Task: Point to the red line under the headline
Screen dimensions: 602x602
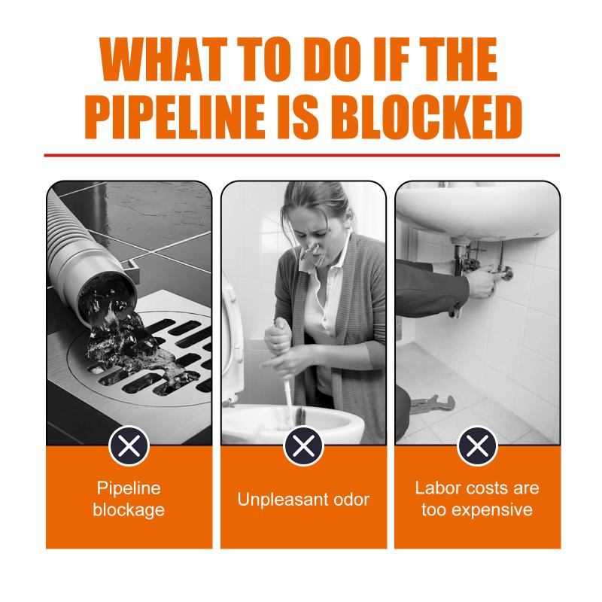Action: coord(302,155)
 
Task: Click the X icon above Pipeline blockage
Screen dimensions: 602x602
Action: coord(129,445)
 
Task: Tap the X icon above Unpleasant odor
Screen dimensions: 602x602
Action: coord(304,445)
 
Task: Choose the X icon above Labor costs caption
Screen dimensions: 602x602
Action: coord(477,445)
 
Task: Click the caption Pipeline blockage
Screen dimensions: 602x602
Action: coord(129,499)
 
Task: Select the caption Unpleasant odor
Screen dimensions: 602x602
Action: coord(303,500)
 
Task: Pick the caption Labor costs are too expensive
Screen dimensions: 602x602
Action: coord(477,499)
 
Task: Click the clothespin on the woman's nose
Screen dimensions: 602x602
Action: coord(311,253)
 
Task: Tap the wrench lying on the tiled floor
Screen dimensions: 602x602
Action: coord(433,403)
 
